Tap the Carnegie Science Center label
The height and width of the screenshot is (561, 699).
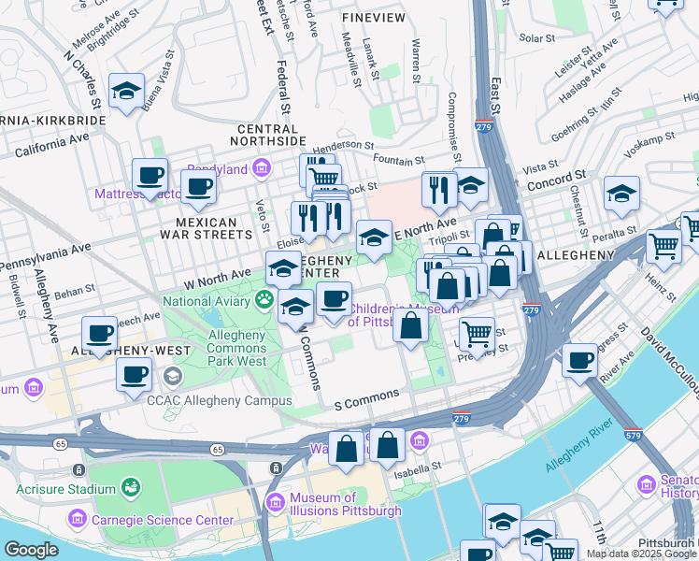[x=162, y=520]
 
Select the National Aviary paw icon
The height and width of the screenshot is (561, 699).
[x=265, y=300]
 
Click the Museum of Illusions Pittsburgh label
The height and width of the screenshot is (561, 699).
[x=345, y=504]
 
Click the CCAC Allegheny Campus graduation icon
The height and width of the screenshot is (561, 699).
[x=172, y=376]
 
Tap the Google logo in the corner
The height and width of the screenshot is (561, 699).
[x=31, y=550]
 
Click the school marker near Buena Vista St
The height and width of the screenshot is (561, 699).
[x=126, y=91]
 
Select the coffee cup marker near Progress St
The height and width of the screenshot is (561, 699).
[x=579, y=360]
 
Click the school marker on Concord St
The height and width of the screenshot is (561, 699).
[x=621, y=194]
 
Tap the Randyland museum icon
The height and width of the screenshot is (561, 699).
[x=260, y=169]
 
